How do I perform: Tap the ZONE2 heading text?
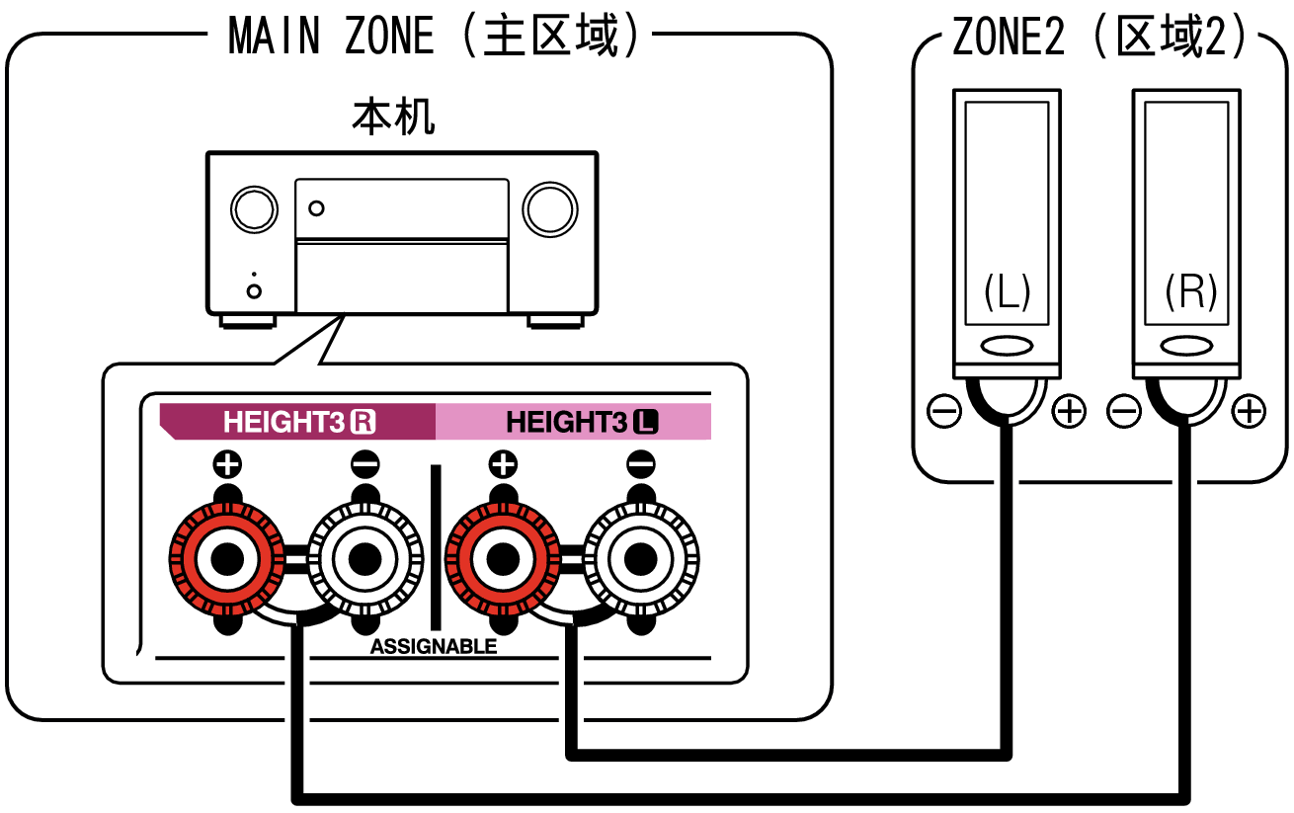[x=1104, y=38]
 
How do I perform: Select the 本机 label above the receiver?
[x=393, y=119]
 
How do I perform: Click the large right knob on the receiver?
[x=551, y=207]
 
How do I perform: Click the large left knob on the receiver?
[x=253, y=208]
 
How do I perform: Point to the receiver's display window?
[x=401, y=208]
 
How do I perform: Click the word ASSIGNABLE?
[x=434, y=647]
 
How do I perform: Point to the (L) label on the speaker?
[x=1007, y=292]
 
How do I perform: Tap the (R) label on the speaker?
[x=1189, y=292]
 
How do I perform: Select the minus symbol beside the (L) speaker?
[x=944, y=411]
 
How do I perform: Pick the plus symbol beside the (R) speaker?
[x=1250, y=411]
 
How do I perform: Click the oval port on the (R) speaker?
[x=1188, y=346]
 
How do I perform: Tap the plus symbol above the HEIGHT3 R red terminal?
[x=227, y=462]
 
